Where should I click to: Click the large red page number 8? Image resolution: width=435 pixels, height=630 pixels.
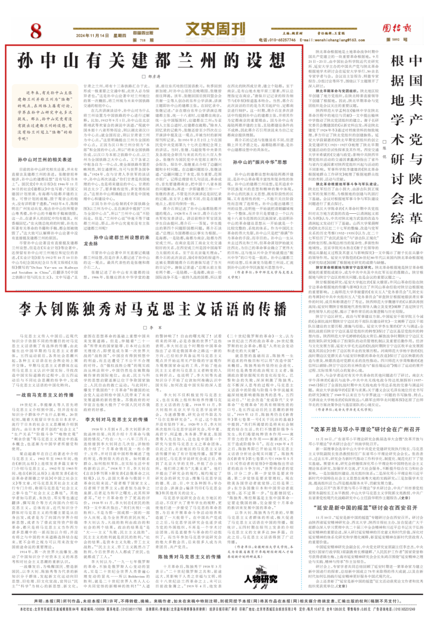tap(36, 31)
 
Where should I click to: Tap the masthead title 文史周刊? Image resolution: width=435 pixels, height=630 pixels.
tap(215, 29)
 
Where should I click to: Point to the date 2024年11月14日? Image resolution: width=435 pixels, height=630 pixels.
tap(92, 35)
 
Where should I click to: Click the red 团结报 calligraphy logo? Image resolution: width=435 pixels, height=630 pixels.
tap(397, 28)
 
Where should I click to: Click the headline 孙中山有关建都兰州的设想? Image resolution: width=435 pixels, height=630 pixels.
tap(151, 61)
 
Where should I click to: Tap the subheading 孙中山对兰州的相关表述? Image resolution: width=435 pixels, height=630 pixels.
tap(45, 160)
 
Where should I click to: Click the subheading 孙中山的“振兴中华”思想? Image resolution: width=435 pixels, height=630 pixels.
tap(260, 162)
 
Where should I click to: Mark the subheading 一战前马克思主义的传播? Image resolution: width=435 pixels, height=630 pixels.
tap(45, 395)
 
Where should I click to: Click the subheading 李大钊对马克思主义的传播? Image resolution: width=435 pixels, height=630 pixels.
tap(116, 419)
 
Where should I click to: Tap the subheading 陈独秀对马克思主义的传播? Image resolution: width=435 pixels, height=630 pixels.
tap(189, 557)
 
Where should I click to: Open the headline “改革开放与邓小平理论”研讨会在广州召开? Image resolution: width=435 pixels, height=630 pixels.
tap(365, 430)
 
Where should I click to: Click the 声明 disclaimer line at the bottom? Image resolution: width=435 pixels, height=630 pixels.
tap(217, 601)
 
